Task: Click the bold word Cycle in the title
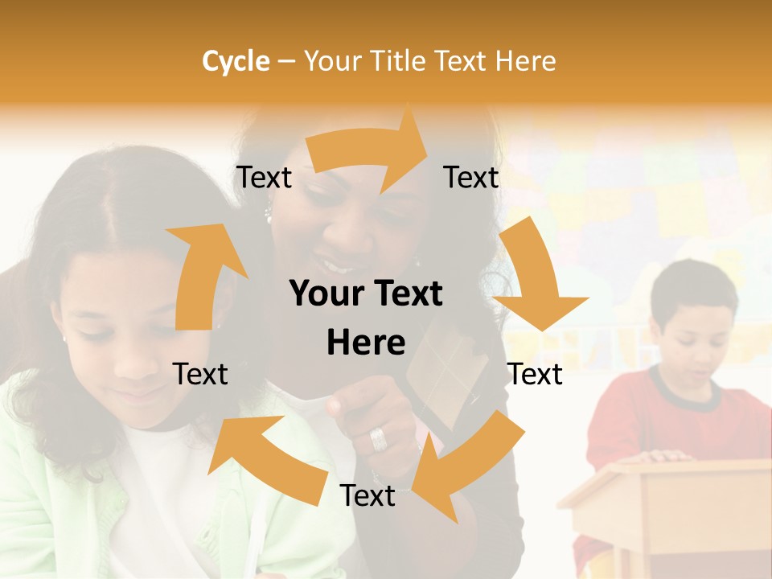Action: pyautogui.click(x=236, y=61)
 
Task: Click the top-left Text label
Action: pyautogui.click(x=264, y=178)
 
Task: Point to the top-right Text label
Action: pyautogui.click(x=471, y=178)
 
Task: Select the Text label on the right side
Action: pyautogui.click(x=535, y=374)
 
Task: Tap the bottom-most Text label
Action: pyautogui.click(x=368, y=495)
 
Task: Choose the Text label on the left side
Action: pyautogui.click(x=200, y=374)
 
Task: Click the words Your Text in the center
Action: pyautogui.click(x=366, y=294)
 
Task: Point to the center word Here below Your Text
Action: pyautogui.click(x=366, y=343)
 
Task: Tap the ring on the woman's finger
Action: pyautogui.click(x=378, y=439)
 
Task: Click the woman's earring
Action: pyautogui.click(x=269, y=215)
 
